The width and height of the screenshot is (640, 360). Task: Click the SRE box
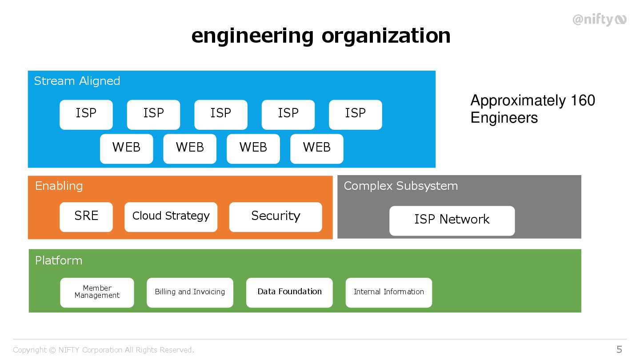click(x=86, y=217)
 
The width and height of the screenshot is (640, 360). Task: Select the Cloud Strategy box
click(x=171, y=217)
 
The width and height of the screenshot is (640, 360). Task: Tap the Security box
click(x=276, y=217)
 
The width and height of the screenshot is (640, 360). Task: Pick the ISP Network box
click(x=452, y=220)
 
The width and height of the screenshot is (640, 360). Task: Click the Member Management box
click(x=97, y=292)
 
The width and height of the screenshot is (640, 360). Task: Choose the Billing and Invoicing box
click(x=190, y=292)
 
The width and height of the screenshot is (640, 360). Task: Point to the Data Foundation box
click(x=289, y=292)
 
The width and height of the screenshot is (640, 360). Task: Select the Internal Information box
click(x=389, y=292)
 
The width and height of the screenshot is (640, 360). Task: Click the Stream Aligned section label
click(x=77, y=81)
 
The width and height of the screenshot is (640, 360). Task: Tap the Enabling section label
click(x=59, y=186)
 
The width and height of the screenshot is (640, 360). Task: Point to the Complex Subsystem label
click(x=400, y=186)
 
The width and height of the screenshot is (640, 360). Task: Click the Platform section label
click(x=59, y=260)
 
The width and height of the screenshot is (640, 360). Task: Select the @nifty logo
click(x=599, y=20)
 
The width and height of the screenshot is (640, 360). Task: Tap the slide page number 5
click(x=619, y=349)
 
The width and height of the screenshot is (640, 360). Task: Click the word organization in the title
click(x=386, y=36)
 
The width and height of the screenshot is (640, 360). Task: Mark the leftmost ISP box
click(x=86, y=114)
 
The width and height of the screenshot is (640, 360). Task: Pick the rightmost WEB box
click(x=317, y=148)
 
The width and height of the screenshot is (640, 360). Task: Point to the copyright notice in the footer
click(x=104, y=350)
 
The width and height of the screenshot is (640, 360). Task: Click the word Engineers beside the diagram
click(x=504, y=118)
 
